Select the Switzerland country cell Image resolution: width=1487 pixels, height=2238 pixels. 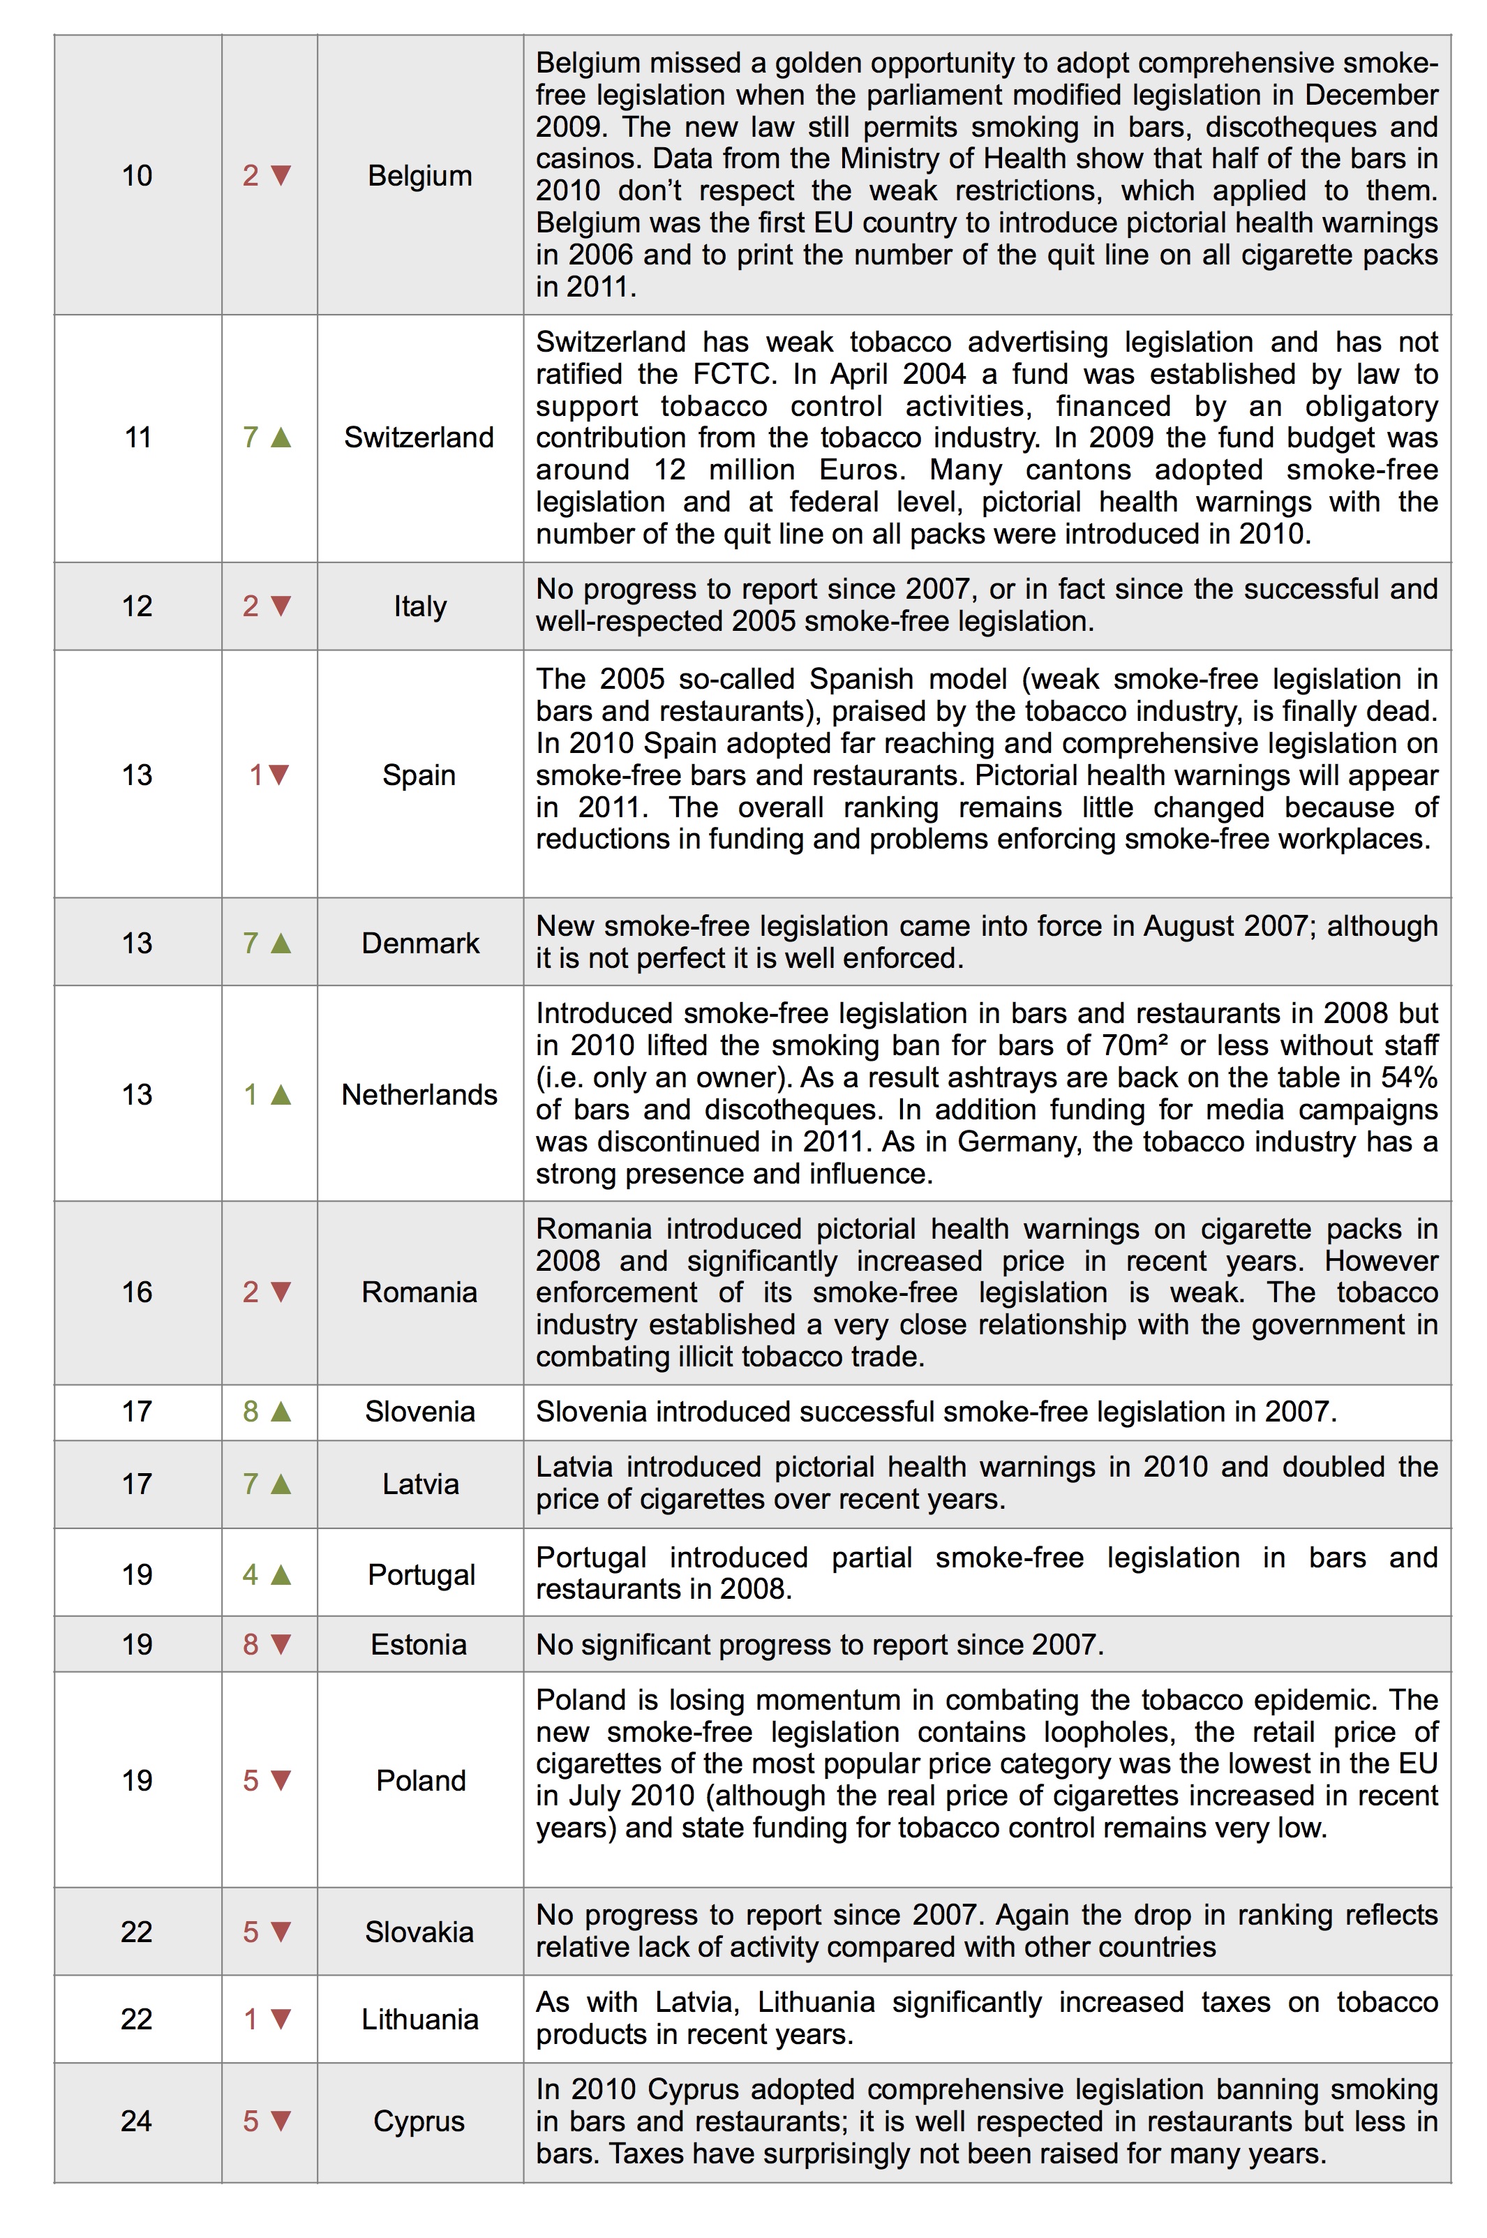[419, 437]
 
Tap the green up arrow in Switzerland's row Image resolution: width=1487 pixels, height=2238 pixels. [281, 437]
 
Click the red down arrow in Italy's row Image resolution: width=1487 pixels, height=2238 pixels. [281, 605]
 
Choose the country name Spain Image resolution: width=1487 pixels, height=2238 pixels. [419, 775]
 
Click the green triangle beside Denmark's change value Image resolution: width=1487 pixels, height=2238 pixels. [281, 943]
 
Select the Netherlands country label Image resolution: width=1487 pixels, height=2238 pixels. [419, 1094]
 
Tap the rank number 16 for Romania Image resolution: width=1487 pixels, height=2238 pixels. [137, 1292]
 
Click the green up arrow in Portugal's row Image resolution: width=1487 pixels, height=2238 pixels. [281, 1574]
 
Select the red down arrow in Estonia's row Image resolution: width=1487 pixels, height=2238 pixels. [281, 1643]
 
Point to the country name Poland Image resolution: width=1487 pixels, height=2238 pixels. [420, 1780]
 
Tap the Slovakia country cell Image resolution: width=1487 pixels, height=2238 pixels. [419, 1931]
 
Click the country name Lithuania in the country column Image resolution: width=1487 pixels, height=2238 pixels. [419, 2019]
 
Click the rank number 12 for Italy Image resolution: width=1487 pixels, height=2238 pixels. [137, 605]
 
